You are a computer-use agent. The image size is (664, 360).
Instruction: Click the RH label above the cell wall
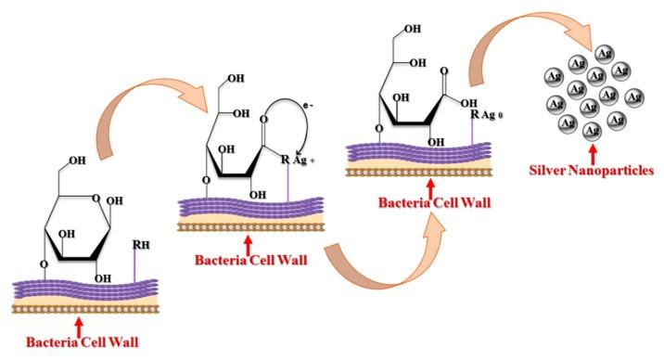140,245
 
